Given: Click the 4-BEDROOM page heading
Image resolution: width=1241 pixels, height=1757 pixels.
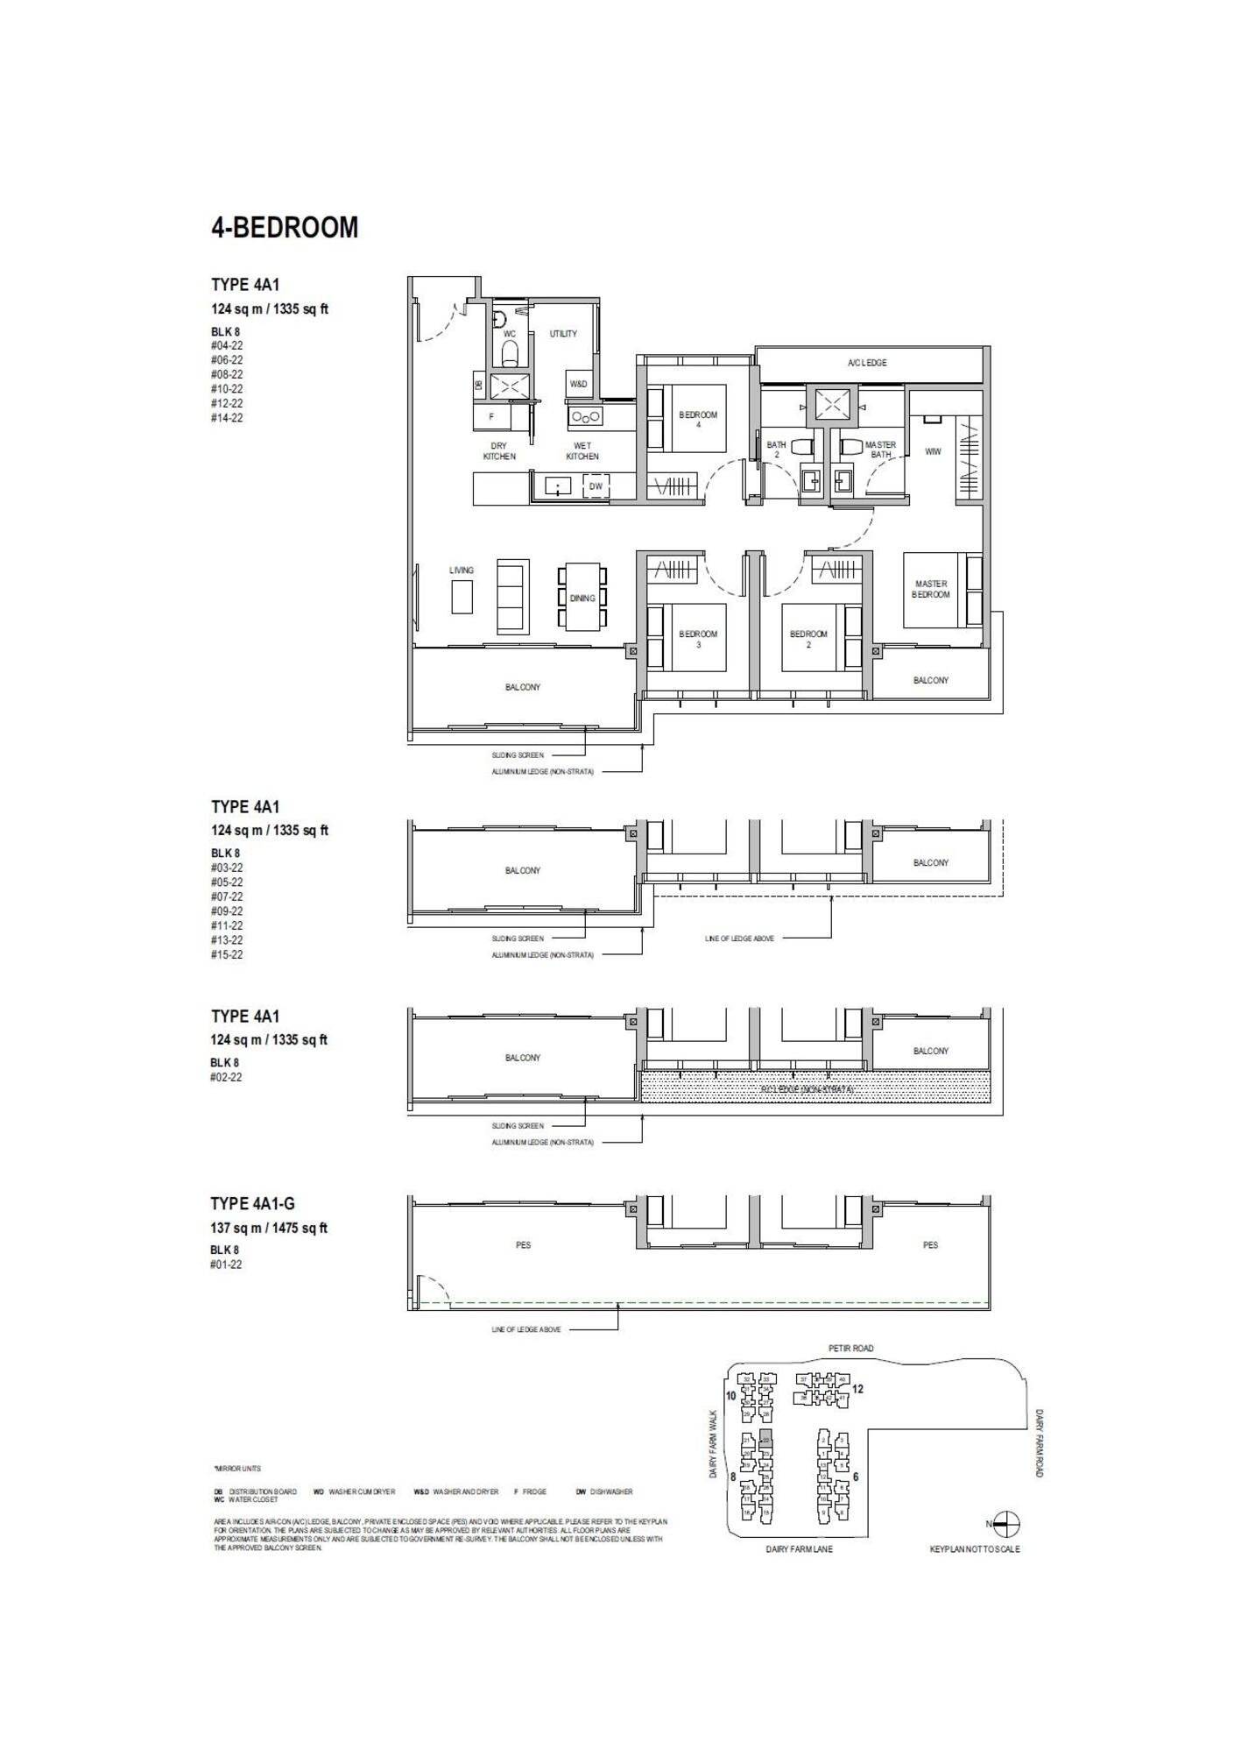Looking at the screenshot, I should point(285,228).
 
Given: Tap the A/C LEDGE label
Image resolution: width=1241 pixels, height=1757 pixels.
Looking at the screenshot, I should point(867,363).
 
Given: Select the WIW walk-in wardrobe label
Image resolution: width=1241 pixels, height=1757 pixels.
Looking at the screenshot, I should point(933,451).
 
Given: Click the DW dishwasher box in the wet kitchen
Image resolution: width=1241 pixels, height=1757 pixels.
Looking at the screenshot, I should point(596,486).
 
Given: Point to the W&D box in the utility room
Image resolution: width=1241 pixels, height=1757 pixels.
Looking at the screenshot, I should point(579,384).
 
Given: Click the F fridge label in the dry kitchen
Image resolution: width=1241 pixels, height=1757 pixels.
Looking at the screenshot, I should point(491,417).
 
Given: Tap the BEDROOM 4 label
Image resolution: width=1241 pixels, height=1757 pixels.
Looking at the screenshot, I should point(698,419).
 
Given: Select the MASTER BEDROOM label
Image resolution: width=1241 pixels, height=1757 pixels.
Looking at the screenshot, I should point(930,589).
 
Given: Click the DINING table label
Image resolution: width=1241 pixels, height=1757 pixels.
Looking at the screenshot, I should point(582,599).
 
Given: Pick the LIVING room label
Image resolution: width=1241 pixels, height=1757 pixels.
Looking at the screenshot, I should point(462,570).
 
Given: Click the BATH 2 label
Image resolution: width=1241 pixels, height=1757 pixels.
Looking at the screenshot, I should point(776,449).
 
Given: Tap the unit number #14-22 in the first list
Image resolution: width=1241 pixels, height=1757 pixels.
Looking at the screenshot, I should point(227,418).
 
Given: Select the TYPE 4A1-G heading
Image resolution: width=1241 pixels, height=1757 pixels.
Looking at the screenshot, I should point(252,1204).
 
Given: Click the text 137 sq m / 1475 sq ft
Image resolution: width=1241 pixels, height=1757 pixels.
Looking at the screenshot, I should point(269,1229).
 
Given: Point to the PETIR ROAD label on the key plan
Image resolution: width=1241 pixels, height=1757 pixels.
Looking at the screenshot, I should point(850,1349).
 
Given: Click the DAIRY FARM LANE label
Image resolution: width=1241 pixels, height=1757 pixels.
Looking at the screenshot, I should point(799,1549).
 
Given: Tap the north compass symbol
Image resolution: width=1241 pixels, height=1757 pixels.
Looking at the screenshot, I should point(1007,1524).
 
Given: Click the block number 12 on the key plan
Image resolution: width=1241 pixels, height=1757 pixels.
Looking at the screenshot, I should point(857,1389).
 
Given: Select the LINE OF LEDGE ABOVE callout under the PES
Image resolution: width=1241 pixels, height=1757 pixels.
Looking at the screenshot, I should point(526,1329).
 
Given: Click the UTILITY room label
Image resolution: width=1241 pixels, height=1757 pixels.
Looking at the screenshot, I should point(563,334).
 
